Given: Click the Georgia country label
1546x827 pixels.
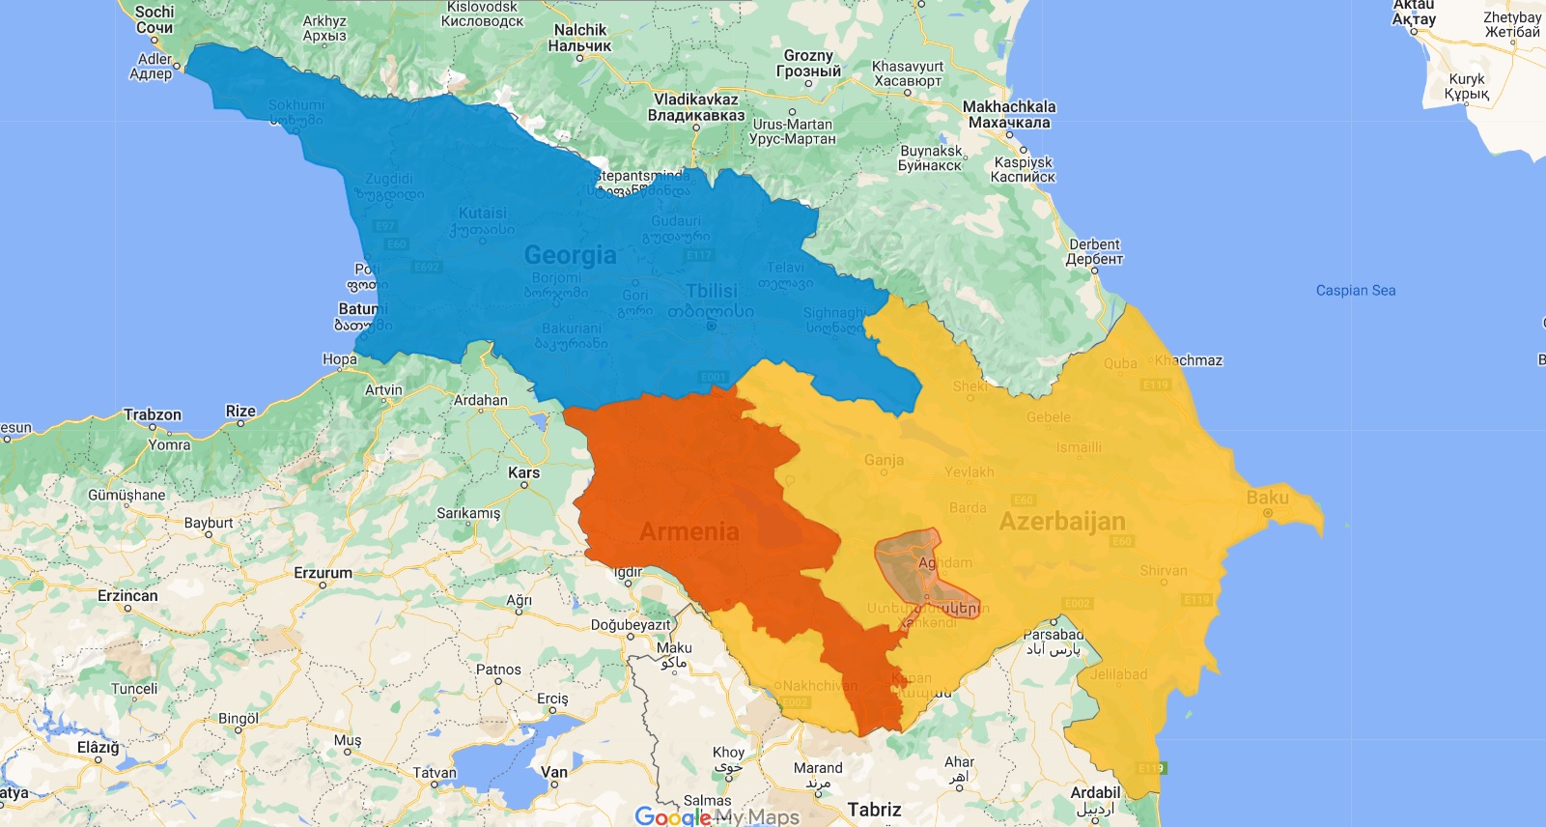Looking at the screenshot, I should pos(570,255).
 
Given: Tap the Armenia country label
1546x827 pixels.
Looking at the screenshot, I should pos(689,531).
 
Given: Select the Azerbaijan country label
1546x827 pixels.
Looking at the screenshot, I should pos(1061,522).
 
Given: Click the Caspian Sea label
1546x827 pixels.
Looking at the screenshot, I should pos(1355,290).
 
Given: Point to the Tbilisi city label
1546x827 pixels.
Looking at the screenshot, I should pos(711,292).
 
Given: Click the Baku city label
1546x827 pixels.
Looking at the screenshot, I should pos(1267,498).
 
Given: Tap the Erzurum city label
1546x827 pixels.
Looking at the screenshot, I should pos(323,573).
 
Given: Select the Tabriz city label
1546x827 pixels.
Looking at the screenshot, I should pos(874,810).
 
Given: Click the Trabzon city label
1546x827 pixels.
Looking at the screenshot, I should pos(152,414).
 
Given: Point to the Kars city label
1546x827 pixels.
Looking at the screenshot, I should pos(523,472).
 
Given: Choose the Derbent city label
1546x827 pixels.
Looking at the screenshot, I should pos(1094,244).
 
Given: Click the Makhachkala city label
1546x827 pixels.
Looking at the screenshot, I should pos(1009,106).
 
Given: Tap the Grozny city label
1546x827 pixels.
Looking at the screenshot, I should pos(808,56).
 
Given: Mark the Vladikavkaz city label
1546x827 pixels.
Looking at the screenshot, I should pos(695,100).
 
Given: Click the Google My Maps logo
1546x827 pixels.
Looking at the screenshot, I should pos(717,816).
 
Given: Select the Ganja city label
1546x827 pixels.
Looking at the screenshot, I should pos(884,460).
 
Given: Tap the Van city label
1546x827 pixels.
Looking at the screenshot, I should pos(554,771).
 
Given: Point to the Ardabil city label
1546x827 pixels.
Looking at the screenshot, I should pos(1095,792).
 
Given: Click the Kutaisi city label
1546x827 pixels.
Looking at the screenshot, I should pos(482,213).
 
